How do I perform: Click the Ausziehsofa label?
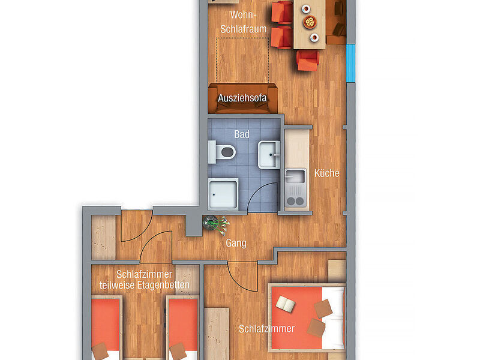click(x=242, y=98)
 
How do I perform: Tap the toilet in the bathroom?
click(x=222, y=152)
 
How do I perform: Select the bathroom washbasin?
click(x=269, y=155)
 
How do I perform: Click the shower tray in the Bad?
click(x=223, y=194)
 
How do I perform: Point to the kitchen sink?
click(x=295, y=176)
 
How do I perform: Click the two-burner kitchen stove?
click(x=295, y=200)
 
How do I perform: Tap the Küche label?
click(x=326, y=173)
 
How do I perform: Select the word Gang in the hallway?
click(x=236, y=243)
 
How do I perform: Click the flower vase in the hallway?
click(x=216, y=224)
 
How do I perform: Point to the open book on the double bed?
click(x=286, y=304)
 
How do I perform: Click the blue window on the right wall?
click(x=350, y=63)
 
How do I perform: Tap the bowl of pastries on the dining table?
click(x=310, y=22)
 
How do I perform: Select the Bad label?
click(x=242, y=134)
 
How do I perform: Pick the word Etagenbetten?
click(x=163, y=286)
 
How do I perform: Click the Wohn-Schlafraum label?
click(x=244, y=22)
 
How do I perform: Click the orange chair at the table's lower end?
click(x=308, y=61)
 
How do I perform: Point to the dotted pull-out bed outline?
click(x=242, y=61)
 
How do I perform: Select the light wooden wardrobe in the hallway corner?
click(x=104, y=238)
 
